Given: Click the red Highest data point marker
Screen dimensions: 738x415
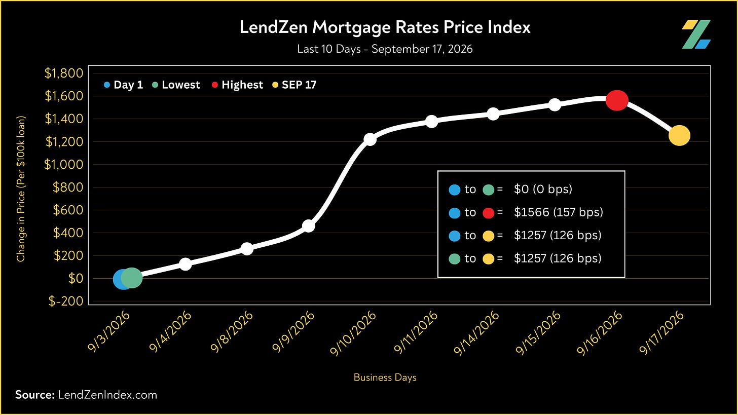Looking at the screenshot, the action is (x=617, y=100).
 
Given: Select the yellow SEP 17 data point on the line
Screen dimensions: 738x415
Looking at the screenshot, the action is (x=679, y=135).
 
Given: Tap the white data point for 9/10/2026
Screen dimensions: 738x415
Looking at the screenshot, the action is (x=370, y=139).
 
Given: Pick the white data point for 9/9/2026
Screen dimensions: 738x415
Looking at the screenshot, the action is (x=308, y=226).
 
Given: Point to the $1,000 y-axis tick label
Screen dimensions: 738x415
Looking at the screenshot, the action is (x=63, y=164).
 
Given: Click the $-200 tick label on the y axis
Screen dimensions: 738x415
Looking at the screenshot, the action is (x=66, y=301).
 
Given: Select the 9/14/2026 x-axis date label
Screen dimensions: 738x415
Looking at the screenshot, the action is (x=476, y=333).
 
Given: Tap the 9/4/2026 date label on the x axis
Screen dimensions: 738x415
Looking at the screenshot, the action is (x=170, y=331).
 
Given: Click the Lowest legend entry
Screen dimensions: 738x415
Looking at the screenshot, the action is (x=176, y=85).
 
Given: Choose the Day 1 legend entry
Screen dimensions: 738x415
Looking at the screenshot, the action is (x=123, y=85).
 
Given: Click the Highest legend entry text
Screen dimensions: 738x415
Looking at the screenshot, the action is (x=242, y=85).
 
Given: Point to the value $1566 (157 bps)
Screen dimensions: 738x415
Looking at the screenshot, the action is (x=559, y=212).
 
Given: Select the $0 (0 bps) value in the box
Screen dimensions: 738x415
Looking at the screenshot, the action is (x=543, y=189).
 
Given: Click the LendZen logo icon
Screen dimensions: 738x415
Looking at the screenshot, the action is (x=696, y=34).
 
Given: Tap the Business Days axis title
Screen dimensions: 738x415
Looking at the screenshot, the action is (x=385, y=378).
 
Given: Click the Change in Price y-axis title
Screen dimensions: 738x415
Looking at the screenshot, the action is (x=21, y=189).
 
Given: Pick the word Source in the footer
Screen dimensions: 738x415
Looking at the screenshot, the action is (x=34, y=395).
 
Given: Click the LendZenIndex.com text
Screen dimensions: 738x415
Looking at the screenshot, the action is (x=107, y=395).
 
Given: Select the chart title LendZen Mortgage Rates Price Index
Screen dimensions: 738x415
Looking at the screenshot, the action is (x=385, y=27).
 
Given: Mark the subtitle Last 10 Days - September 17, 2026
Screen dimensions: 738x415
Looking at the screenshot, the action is (x=385, y=49).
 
